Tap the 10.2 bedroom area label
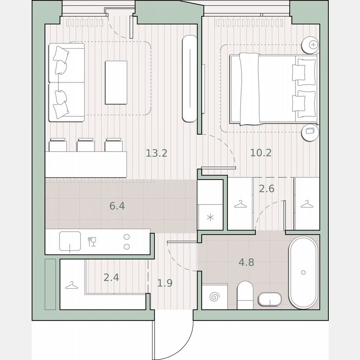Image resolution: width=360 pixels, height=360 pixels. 261,152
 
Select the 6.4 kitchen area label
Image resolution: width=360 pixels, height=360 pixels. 117,205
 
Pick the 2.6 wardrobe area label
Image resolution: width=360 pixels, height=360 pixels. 267,188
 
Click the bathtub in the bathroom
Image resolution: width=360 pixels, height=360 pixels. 303,272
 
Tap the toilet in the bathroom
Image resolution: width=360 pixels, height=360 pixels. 245,295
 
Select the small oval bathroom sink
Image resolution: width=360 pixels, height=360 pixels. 270,298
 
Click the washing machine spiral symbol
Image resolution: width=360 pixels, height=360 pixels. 215,297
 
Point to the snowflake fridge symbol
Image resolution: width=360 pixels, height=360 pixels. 210,217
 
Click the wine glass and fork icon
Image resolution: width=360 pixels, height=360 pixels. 92,241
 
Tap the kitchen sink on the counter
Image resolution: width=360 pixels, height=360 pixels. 70,242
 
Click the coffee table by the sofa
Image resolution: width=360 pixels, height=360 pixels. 116,82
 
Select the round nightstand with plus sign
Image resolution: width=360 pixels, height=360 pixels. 311,44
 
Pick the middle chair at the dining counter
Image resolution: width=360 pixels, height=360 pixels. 85,145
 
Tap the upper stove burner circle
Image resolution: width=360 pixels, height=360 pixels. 126,237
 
